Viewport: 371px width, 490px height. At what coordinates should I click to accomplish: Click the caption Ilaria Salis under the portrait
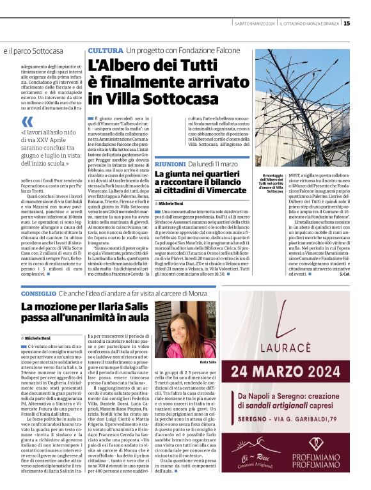208,361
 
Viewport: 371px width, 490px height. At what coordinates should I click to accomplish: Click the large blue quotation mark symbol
27,122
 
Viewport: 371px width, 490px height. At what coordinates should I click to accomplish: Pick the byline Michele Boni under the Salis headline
37,337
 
